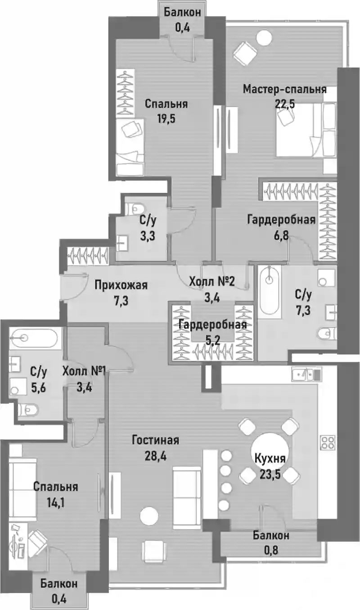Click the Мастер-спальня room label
[x=284, y=90]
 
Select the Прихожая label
[x=121, y=285]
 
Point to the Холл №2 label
[x=212, y=281]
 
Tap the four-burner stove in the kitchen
[x=327, y=442]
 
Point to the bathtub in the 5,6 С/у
[x=33, y=338]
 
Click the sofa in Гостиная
[x=187, y=498]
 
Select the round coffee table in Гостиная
[x=149, y=516]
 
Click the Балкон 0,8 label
[x=271, y=543]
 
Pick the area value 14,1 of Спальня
[x=55, y=503]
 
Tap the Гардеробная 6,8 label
[x=281, y=227]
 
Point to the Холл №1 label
[x=84, y=371]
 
